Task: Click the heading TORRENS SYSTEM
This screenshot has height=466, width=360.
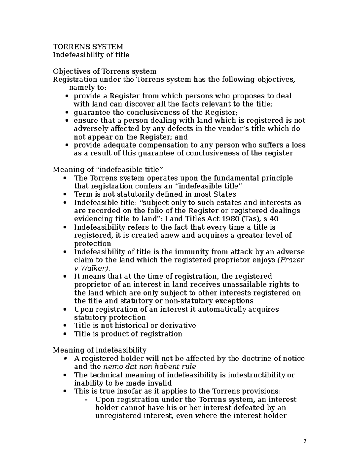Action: [88, 47]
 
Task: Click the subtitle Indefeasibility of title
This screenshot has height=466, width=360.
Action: [91, 55]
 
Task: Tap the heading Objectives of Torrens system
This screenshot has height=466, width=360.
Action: [104, 71]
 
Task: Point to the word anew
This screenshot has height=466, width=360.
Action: [171, 236]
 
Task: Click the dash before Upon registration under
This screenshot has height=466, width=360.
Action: [87, 400]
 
